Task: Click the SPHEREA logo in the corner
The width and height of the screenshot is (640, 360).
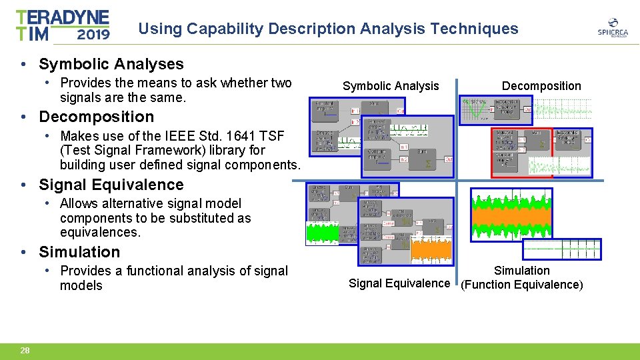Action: (x=612, y=28)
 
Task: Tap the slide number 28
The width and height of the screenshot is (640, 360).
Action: (x=25, y=350)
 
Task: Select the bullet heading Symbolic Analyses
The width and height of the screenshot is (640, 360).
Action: (x=111, y=64)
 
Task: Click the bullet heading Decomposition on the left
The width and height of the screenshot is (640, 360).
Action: (x=96, y=117)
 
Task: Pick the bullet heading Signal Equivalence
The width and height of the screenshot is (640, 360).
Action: (x=111, y=185)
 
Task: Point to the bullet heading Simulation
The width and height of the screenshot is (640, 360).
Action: (x=79, y=252)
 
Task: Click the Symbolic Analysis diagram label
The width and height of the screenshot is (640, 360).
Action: (x=391, y=86)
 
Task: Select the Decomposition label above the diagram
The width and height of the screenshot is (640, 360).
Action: (x=541, y=86)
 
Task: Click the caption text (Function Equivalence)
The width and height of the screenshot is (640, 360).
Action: (x=521, y=285)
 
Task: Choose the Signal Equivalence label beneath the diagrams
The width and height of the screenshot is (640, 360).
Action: (x=399, y=283)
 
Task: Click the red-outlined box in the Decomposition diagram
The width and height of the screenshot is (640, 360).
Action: (x=522, y=153)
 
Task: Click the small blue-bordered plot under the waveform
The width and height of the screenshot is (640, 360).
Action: (x=561, y=249)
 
